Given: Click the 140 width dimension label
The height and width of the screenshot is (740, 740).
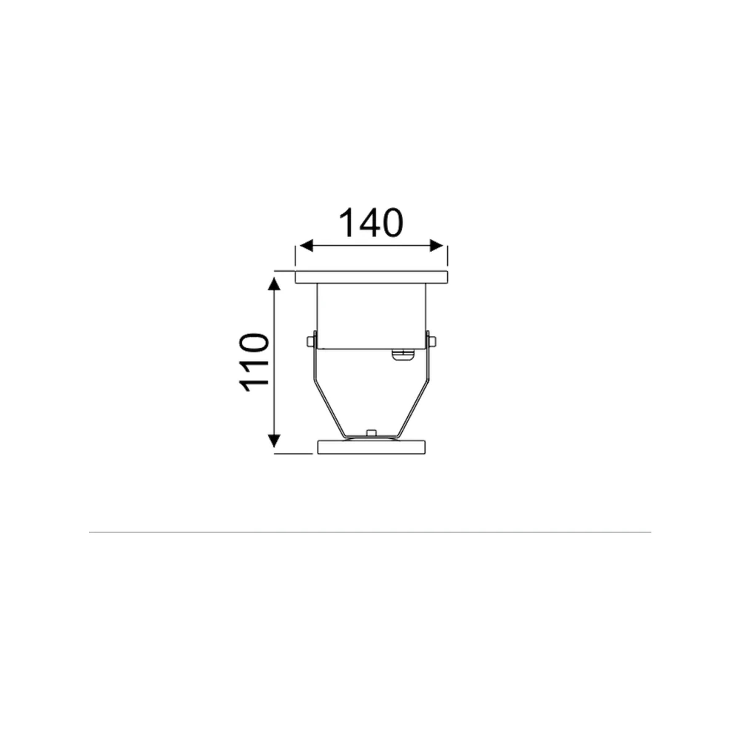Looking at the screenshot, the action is [x=371, y=223].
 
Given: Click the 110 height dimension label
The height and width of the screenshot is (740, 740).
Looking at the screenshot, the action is [x=253, y=362].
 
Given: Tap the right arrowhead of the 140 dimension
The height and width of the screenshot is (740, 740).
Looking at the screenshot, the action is [x=437, y=245].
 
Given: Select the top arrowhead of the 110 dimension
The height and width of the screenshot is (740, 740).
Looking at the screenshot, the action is [x=274, y=285].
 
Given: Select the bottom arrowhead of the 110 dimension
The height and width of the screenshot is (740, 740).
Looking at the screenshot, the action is [x=274, y=441].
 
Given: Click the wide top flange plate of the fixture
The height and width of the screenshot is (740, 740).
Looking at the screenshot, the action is [x=371, y=277].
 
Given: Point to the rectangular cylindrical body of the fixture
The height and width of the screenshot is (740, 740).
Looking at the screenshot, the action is [x=371, y=316].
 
